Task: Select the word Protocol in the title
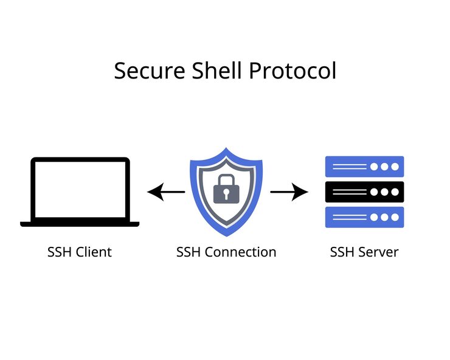(x=292, y=71)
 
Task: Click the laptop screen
(x=80, y=189)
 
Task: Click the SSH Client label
(x=80, y=252)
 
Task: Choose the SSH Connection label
(x=226, y=252)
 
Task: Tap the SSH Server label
(x=364, y=252)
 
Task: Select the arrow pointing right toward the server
(x=289, y=193)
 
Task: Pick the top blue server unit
(x=365, y=167)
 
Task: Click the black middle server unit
(x=365, y=192)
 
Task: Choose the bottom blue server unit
(x=365, y=217)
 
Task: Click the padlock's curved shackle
(x=226, y=179)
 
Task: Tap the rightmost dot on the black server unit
(x=395, y=192)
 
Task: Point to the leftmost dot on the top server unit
(x=375, y=167)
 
